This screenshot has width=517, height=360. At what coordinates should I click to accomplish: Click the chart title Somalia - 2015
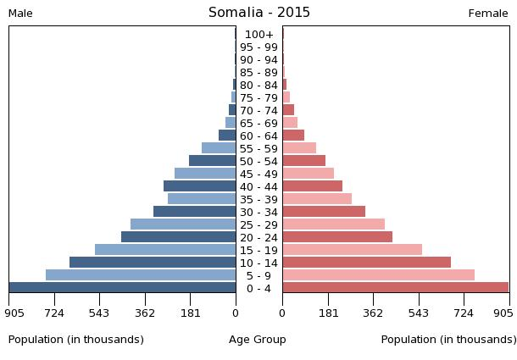click(259, 13)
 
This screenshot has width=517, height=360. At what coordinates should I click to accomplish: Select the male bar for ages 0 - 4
click(123, 288)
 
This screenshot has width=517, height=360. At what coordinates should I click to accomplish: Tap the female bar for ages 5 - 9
click(378, 275)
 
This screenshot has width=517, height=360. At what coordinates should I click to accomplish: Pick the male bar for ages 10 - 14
click(153, 263)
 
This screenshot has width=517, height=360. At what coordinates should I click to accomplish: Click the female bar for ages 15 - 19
click(352, 250)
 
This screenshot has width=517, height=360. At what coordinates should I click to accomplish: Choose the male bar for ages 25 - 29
click(183, 224)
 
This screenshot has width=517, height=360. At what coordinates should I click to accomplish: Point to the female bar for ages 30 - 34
click(324, 212)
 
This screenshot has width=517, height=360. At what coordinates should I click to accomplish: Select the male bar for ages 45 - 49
click(205, 174)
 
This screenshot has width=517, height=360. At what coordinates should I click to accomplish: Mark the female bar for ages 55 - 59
click(299, 148)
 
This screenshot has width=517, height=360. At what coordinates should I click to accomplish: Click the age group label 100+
click(258, 35)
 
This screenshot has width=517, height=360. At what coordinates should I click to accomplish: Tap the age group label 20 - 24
click(258, 238)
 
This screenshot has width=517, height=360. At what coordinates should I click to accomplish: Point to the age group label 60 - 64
click(258, 136)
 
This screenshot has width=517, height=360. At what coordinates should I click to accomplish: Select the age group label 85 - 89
click(258, 73)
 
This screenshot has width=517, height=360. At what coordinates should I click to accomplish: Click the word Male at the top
click(20, 14)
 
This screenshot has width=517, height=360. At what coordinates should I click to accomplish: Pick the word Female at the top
click(488, 14)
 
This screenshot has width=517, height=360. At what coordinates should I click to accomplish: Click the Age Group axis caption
click(258, 340)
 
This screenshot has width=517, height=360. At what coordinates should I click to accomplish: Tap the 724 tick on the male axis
click(54, 312)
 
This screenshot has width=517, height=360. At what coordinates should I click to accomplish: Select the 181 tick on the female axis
click(328, 312)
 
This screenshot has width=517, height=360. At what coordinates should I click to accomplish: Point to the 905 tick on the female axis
click(503, 312)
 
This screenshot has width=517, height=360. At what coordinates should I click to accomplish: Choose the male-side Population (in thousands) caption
click(76, 340)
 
